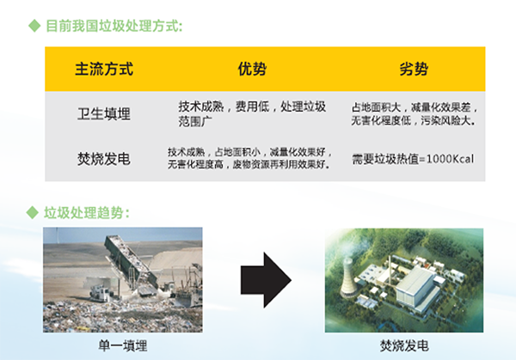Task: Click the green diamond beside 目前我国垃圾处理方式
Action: click(34, 26)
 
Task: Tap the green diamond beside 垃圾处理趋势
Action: click(33, 212)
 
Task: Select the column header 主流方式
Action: click(104, 69)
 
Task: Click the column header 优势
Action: click(252, 69)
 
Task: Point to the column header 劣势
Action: click(414, 69)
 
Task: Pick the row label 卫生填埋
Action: click(104, 113)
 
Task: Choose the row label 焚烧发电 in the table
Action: click(104, 159)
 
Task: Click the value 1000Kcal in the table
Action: click(450, 159)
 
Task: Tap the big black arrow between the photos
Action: click(266, 280)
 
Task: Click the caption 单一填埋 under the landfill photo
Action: click(123, 346)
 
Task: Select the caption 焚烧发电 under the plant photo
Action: click(404, 346)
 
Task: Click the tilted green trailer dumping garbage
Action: click(131, 263)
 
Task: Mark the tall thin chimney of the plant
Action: click(390, 271)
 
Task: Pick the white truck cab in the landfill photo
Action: click(100, 293)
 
